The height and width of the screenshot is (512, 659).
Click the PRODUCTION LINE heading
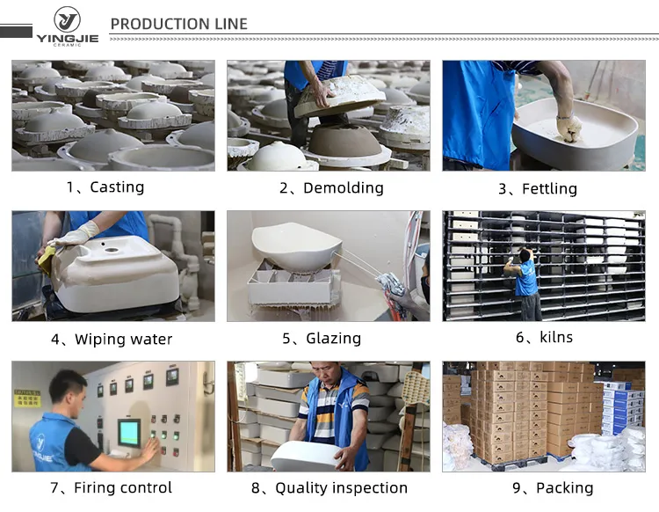[x=179, y=24]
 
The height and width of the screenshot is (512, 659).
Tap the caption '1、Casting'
[x=105, y=187]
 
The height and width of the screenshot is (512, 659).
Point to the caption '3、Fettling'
[x=538, y=189]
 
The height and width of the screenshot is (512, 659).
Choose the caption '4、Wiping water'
[x=111, y=340]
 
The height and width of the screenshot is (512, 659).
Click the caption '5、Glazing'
[x=322, y=339]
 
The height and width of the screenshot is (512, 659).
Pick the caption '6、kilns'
[x=544, y=338]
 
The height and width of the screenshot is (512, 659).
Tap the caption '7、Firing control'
[x=111, y=488]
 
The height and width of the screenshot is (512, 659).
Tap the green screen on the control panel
[x=130, y=432]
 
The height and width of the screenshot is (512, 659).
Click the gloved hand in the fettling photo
[x=568, y=128]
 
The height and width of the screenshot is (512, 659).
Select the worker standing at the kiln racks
[x=526, y=282]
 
